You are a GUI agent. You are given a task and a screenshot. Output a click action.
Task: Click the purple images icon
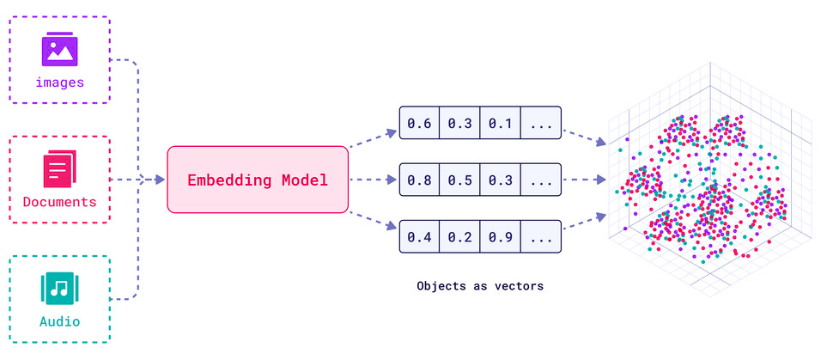[x=59, y=49]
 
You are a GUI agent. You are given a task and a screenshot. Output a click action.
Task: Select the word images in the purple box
[x=59, y=83]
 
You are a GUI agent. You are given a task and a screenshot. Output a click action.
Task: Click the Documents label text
[x=59, y=203]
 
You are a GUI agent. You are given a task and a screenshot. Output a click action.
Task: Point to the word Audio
[x=59, y=322]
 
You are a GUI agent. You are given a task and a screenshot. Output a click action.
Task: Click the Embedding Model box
[x=258, y=180]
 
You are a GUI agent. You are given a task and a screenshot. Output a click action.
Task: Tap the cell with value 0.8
[x=419, y=180]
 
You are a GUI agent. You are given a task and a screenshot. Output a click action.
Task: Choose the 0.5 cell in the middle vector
[x=459, y=180]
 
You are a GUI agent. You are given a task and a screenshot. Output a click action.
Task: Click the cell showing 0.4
[x=419, y=236]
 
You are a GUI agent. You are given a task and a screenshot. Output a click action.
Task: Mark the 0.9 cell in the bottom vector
[x=500, y=236]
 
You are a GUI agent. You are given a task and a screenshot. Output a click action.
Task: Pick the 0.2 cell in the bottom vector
[x=459, y=236]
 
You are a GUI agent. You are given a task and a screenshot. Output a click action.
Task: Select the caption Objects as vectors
[x=479, y=286]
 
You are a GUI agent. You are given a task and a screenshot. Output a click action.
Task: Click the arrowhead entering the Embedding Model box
[x=160, y=180]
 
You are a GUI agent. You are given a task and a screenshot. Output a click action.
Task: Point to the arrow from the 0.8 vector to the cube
[x=584, y=180]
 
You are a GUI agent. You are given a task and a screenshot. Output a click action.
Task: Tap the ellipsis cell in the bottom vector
[x=540, y=236]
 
